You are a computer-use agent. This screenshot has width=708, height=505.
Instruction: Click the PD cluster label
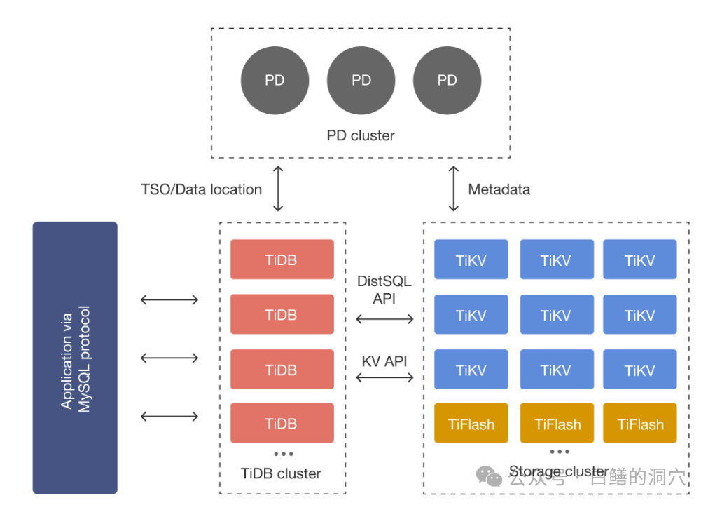coord(361,135)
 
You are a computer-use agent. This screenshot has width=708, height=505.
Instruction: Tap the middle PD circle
coord(361,81)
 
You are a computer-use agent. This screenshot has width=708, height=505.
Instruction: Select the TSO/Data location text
coord(202,189)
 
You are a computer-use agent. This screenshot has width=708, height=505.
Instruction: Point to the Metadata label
coord(499,189)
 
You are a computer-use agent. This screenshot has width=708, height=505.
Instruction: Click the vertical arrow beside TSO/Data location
coord(278,189)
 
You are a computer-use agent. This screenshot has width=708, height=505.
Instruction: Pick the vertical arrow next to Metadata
coord(454,189)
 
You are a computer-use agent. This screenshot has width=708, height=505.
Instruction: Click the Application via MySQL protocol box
coord(75,358)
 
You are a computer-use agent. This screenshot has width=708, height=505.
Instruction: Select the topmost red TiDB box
coord(282,260)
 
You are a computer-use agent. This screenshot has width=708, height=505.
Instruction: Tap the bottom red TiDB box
coord(282,423)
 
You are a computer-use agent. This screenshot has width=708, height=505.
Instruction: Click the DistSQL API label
coord(384,290)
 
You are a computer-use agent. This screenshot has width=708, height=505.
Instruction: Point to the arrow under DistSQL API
coord(384,319)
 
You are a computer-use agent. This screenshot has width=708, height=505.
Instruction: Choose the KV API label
coord(384,362)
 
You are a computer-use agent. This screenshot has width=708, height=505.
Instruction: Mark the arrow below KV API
coord(384,377)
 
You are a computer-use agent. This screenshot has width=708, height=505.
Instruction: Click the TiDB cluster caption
coord(281,473)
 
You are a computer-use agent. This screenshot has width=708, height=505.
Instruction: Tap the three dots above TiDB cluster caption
coord(283,454)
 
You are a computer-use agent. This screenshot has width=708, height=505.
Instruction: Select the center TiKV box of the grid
coord(556,315)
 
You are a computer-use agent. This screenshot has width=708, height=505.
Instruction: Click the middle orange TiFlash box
coord(557,424)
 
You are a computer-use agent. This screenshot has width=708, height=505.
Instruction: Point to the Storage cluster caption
coord(558,471)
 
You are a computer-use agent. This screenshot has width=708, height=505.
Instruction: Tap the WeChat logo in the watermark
coord(489,476)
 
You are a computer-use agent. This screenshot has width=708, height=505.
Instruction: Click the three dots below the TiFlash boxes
coord(559,452)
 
